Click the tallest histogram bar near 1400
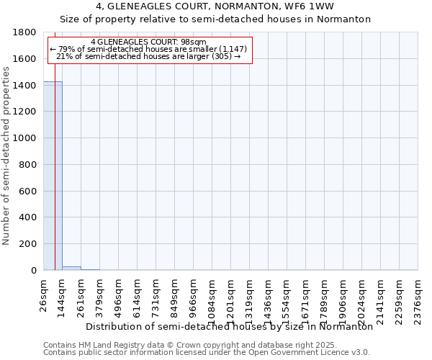tap(53, 176)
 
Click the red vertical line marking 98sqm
tap(55, 180)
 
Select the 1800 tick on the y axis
tap(26, 32)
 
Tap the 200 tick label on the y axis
tap(29, 245)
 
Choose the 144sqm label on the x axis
tap(62, 294)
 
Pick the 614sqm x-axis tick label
tap(137, 294)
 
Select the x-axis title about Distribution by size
tap(229, 326)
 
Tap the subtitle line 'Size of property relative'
tap(215, 19)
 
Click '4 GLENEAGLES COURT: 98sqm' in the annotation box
tap(149, 42)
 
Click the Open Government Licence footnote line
tap(207, 353)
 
